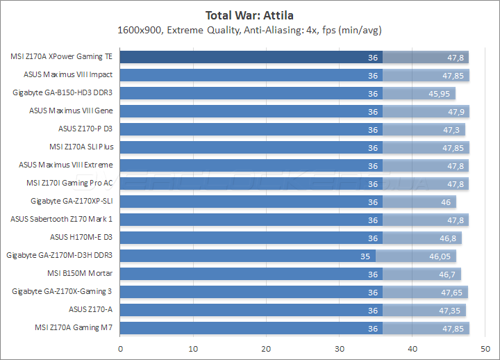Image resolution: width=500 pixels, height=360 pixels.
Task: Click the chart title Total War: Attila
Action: coord(250,15)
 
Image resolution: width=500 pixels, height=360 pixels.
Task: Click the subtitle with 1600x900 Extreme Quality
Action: coord(250,30)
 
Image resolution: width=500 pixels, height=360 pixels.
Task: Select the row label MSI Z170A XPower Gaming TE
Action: coord(62,57)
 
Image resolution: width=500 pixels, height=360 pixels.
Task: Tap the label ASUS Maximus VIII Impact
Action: coord(68,74)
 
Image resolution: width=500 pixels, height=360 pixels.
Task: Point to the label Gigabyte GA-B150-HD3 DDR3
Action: coord(62,92)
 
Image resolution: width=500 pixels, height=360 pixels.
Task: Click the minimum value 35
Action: coord(366,256)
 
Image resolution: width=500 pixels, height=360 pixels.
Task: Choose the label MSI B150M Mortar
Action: coord(80,273)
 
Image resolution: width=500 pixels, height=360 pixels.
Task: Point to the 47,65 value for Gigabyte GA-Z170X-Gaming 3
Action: coord(454,292)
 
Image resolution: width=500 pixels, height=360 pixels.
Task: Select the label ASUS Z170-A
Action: coord(91,309)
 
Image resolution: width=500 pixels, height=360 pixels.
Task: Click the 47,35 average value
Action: coord(452,310)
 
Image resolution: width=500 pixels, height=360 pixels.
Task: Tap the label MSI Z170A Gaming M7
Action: coord(74,327)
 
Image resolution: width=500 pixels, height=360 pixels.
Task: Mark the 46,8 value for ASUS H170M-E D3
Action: coord(449,238)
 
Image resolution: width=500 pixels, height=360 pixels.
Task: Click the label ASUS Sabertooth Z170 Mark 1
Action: coord(62,219)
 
